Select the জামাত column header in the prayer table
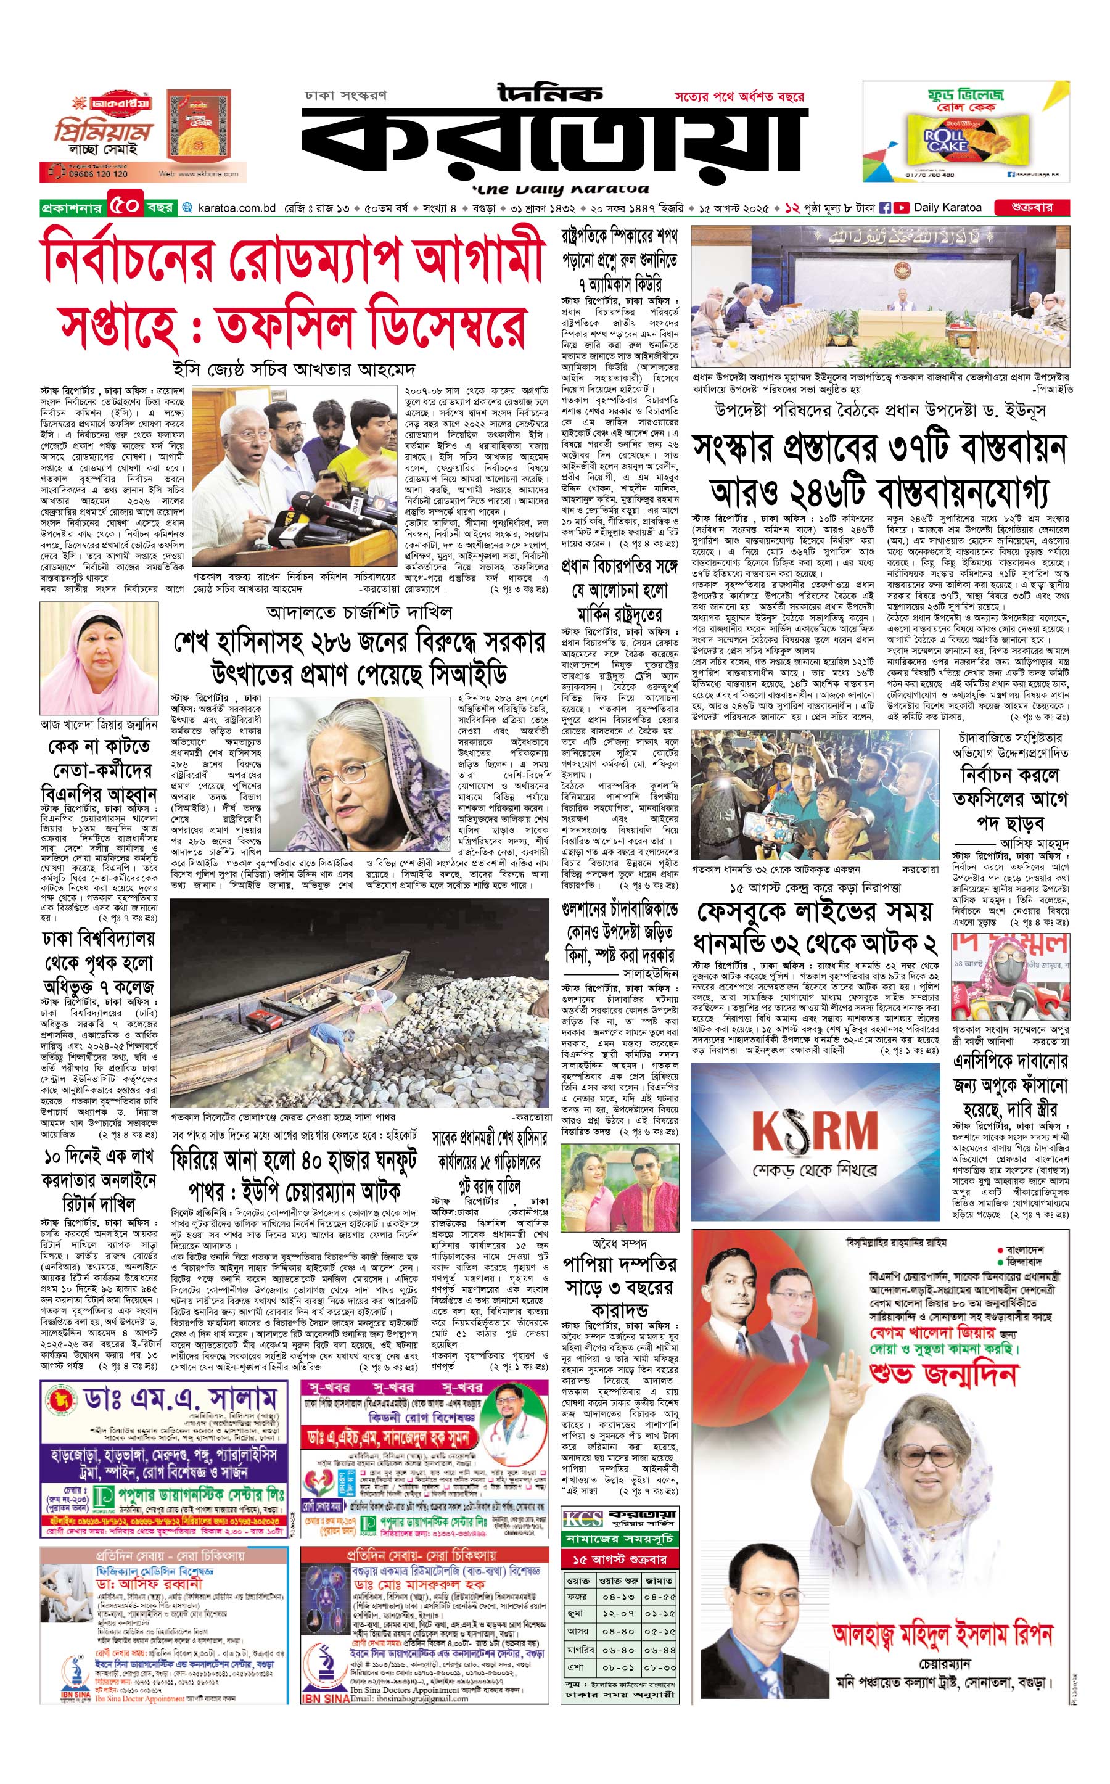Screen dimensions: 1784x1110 659,1580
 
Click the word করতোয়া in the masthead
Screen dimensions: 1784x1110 554,143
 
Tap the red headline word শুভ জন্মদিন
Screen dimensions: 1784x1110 943,1373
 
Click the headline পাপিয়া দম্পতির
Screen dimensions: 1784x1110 620,1264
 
